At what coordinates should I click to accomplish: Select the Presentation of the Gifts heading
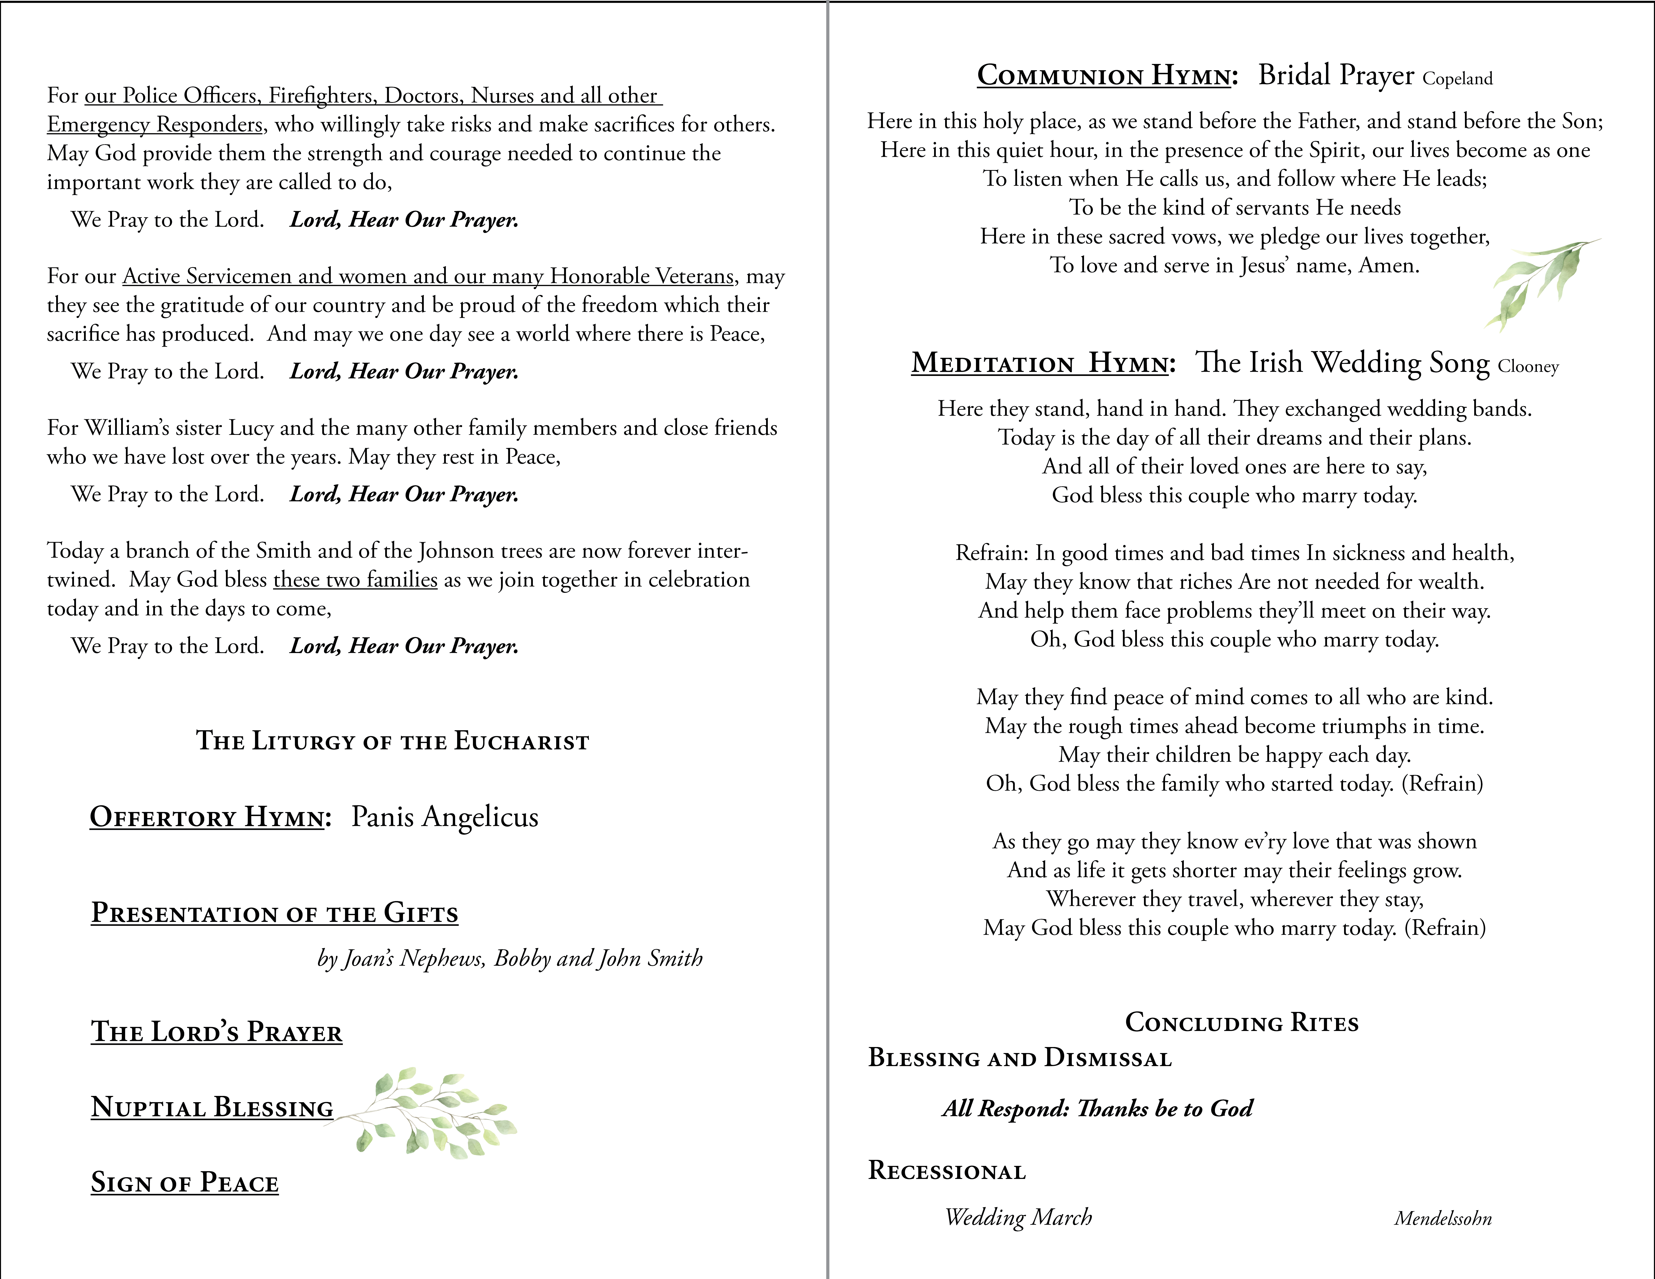click(x=274, y=913)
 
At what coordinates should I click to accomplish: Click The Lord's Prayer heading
click(x=217, y=1032)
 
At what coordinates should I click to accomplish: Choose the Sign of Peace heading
click(x=185, y=1183)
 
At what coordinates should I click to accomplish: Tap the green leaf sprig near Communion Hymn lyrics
click(x=1538, y=284)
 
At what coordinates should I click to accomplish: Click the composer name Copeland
click(x=1457, y=79)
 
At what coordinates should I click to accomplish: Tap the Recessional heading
click(x=946, y=1171)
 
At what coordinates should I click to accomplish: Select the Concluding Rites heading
click(x=1241, y=1023)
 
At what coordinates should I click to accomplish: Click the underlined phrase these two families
click(x=355, y=580)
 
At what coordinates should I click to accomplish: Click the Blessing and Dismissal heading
click(x=1019, y=1058)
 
